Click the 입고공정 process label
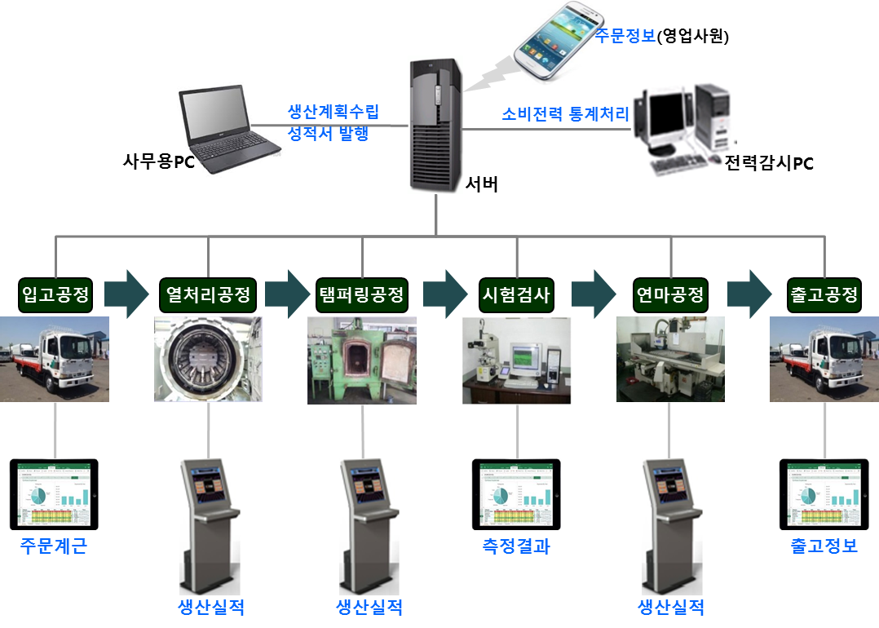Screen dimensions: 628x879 (55, 294)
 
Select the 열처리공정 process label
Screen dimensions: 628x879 (208, 294)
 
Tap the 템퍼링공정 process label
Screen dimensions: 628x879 (361, 294)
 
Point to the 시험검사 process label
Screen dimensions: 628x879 (516, 294)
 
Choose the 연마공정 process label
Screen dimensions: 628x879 (669, 294)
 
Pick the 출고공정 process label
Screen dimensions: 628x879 (824, 294)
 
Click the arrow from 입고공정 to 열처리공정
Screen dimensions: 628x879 (126, 294)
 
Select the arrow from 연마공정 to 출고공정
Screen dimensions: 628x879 (749, 294)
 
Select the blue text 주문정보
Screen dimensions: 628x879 (625, 36)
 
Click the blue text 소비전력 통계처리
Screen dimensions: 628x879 (565, 114)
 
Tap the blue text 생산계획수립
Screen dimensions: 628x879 (333, 112)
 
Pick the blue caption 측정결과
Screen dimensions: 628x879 (516, 546)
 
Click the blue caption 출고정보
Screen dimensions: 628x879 (824, 546)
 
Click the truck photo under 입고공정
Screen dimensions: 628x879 (55, 359)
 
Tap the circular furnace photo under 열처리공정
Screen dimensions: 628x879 (208, 359)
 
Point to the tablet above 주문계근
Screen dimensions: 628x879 (55, 493)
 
